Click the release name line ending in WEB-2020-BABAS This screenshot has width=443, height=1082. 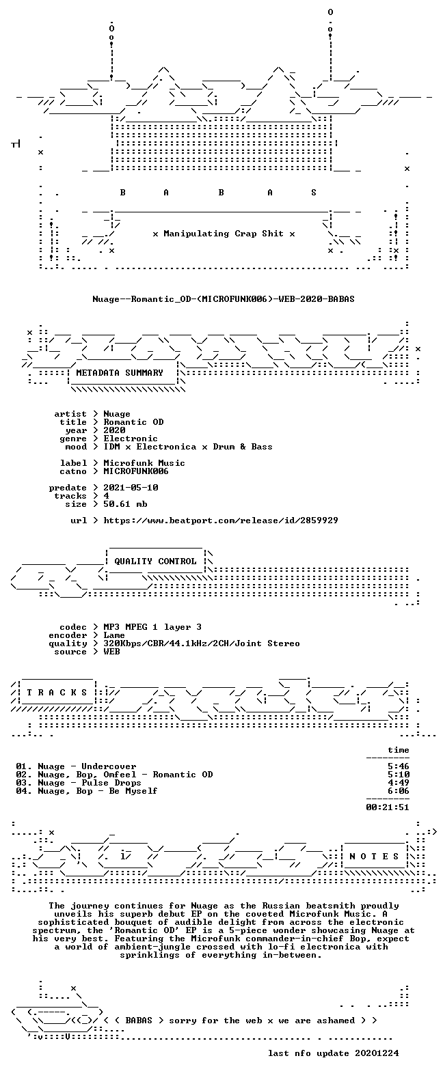pos(224,299)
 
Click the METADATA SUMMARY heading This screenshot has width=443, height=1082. pos(120,372)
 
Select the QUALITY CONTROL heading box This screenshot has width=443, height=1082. pos(155,561)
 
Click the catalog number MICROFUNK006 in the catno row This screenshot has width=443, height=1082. pos(136,471)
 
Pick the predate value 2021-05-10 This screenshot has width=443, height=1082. pos(131,488)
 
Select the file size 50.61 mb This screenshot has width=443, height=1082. pos(125,504)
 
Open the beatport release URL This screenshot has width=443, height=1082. pos(221,521)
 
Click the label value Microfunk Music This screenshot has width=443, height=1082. pos(144,462)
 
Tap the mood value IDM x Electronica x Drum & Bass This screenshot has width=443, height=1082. pos(187,446)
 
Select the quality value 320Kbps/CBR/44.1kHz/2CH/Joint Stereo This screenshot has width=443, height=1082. pos(202,643)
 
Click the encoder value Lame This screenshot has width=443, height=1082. pos(114,635)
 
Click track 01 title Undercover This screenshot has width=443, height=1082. pos(109,766)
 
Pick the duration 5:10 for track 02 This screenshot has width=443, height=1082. pos(398,775)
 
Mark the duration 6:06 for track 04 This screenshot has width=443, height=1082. pos(398,791)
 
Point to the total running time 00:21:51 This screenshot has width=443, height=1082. pos(388,807)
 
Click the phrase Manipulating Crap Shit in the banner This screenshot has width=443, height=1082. pos(224,234)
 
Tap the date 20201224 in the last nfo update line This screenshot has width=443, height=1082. pos(377,1053)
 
